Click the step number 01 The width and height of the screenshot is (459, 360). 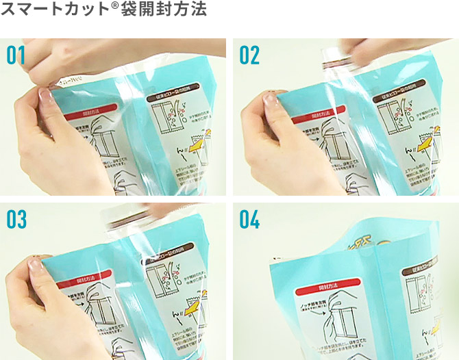pos(16,55)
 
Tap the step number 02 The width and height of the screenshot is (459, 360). pos(249,55)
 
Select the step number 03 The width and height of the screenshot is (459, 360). pos(16,220)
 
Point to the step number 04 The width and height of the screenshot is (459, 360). pos(250,220)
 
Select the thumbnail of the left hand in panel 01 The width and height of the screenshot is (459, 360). pos(47,97)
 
